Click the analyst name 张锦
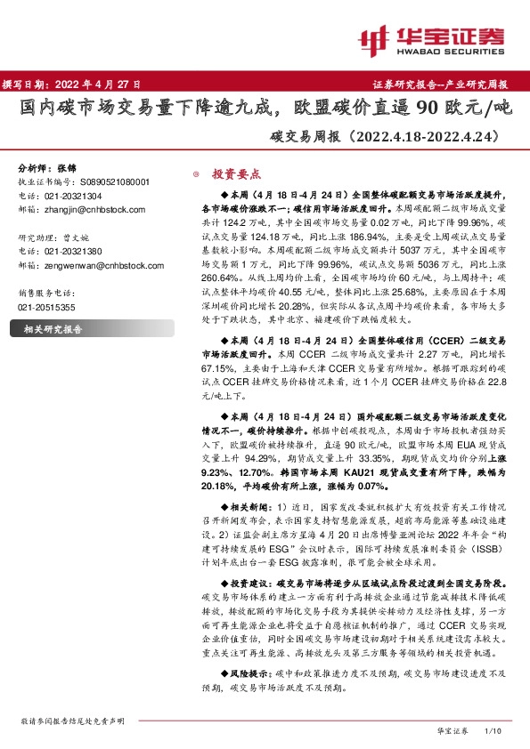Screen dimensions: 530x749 [67, 168]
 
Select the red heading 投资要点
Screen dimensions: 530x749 [235, 174]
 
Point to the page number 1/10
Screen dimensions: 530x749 [492, 730]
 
